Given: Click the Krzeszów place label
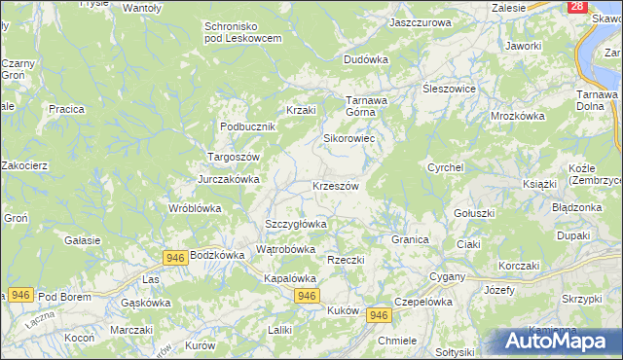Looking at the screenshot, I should (336, 186).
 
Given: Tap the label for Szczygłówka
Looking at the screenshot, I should (296, 224).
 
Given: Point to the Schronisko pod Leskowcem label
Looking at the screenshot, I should (242, 31).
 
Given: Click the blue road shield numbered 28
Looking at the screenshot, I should (578, 7).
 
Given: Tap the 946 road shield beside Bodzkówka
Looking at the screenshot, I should (175, 256).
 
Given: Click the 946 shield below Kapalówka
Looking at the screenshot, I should (307, 296).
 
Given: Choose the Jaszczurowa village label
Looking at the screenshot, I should (420, 21).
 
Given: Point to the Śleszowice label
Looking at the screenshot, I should (448, 89).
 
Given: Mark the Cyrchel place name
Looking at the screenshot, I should (445, 167).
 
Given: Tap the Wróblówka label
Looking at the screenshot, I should (195, 208).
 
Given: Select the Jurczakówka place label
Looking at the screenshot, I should (229, 179).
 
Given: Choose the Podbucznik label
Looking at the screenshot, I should (249, 126).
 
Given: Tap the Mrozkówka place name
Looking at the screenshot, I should (517, 115).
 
